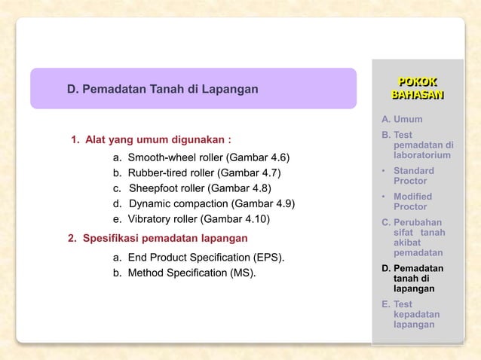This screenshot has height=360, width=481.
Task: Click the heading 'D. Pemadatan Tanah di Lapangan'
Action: point(162,90)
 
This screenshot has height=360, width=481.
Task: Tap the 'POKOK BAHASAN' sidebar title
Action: point(417,87)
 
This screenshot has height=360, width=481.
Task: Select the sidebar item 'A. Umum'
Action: point(402,119)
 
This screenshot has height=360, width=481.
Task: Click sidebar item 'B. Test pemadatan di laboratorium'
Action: point(417,145)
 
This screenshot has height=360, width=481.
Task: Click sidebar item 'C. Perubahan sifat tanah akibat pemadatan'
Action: point(417,237)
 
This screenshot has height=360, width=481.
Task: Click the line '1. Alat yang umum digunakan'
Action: point(150,140)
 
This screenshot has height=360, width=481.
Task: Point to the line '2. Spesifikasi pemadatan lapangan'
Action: point(158,239)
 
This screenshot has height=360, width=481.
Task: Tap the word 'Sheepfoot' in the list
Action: point(152,188)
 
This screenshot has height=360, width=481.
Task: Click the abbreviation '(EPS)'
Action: point(269,258)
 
